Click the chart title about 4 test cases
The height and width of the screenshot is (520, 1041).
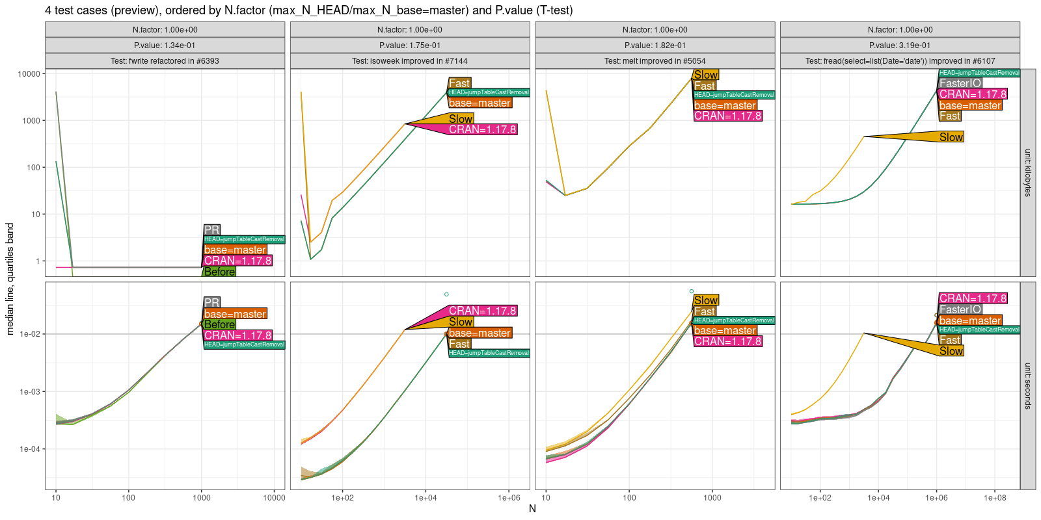click(308, 10)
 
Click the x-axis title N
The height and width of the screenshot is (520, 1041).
click(532, 509)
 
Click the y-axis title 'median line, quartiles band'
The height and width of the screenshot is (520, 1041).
click(10, 279)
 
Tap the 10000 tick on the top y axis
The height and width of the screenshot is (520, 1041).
click(29, 74)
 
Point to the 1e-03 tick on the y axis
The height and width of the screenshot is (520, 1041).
click(30, 392)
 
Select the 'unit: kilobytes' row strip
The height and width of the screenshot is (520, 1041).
click(1027, 173)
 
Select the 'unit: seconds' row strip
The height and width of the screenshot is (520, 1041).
click(1027, 385)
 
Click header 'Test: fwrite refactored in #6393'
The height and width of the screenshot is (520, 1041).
click(165, 61)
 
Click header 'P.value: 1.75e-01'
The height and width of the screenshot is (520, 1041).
click(410, 45)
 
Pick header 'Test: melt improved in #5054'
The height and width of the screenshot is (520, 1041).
click(655, 61)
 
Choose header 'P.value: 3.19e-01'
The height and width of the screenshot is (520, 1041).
click(900, 45)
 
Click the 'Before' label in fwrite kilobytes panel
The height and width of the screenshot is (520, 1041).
click(219, 272)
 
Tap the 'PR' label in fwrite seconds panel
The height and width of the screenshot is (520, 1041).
click(211, 303)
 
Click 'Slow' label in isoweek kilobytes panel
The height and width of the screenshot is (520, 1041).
click(461, 119)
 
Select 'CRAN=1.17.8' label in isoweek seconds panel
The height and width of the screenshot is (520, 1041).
click(482, 311)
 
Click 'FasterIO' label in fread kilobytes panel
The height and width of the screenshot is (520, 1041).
click(960, 83)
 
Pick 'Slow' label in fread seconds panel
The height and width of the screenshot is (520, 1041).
click(951, 351)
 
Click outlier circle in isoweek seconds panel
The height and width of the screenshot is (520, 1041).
click(446, 294)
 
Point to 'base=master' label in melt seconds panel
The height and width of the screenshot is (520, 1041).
click(724, 330)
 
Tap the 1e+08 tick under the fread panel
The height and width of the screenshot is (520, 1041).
click(995, 498)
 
